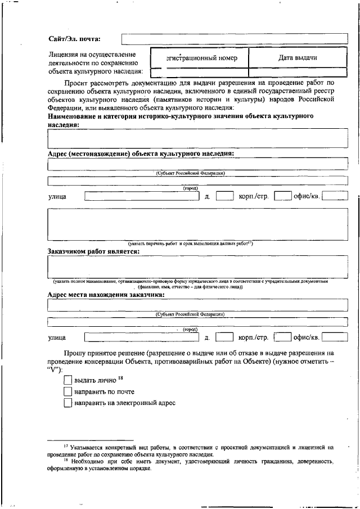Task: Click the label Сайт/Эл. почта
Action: point(75,38)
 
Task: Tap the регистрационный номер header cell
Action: point(199,58)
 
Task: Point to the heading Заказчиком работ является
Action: point(92,251)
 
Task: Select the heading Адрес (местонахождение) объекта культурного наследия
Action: point(141,153)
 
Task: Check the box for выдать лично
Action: point(68,380)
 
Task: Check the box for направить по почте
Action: point(68,391)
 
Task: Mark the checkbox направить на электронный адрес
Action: point(68,403)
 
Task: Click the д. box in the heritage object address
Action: point(224,196)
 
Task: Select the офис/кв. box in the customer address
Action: point(334,337)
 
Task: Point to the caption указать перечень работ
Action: point(191,244)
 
